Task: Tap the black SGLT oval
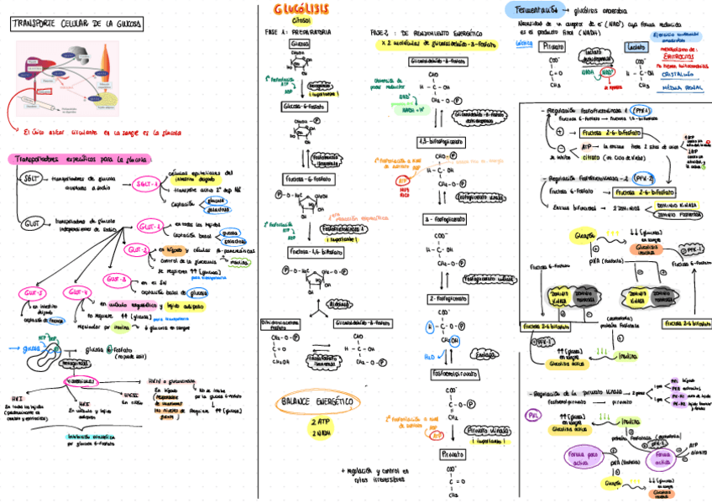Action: (29, 178)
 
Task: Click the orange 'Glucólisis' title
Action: (301, 9)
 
